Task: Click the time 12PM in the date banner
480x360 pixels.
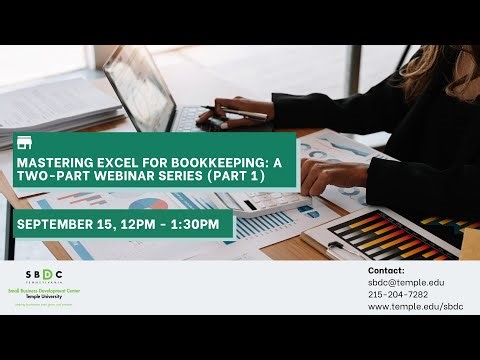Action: [x=137, y=223]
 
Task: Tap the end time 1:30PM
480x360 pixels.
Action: [x=195, y=223]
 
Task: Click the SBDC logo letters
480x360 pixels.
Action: [x=44, y=274]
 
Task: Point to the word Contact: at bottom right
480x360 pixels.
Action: [x=386, y=270]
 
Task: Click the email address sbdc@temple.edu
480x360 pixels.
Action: [x=406, y=283]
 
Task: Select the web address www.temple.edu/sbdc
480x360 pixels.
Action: [x=414, y=307]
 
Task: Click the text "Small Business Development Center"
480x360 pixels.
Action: [x=44, y=291]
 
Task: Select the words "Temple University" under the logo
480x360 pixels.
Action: [x=44, y=298]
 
